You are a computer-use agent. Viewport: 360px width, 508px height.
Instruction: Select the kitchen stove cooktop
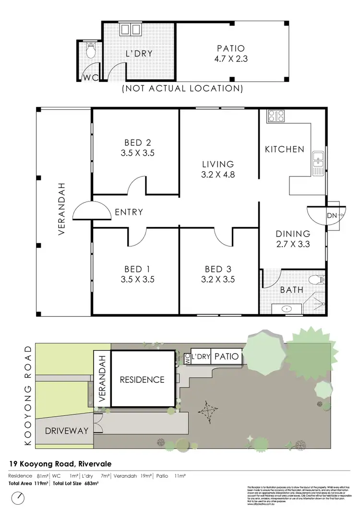coord(276,116)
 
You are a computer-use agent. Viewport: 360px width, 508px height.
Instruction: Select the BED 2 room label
coord(137,142)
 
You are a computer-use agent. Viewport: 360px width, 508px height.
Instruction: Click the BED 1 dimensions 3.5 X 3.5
coord(137,280)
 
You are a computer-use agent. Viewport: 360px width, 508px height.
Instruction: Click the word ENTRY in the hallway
coord(128,212)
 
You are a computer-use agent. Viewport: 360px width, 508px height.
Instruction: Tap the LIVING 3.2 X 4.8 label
coord(217,169)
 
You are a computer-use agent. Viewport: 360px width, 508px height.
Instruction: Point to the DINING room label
coord(293,234)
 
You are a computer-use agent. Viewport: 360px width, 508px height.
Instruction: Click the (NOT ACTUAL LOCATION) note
coord(182,88)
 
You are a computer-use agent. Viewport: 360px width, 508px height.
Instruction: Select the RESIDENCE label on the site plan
coord(142,379)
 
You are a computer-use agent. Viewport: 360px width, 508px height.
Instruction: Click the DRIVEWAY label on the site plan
coord(67,430)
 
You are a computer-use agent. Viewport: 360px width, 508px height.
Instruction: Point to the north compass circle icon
coord(17,497)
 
